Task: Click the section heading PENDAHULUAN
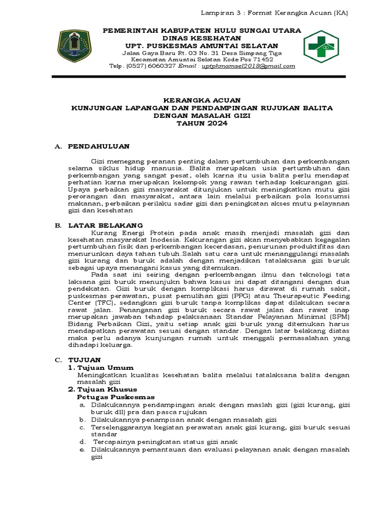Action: (98, 146)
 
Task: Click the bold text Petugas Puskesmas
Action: (115, 397)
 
